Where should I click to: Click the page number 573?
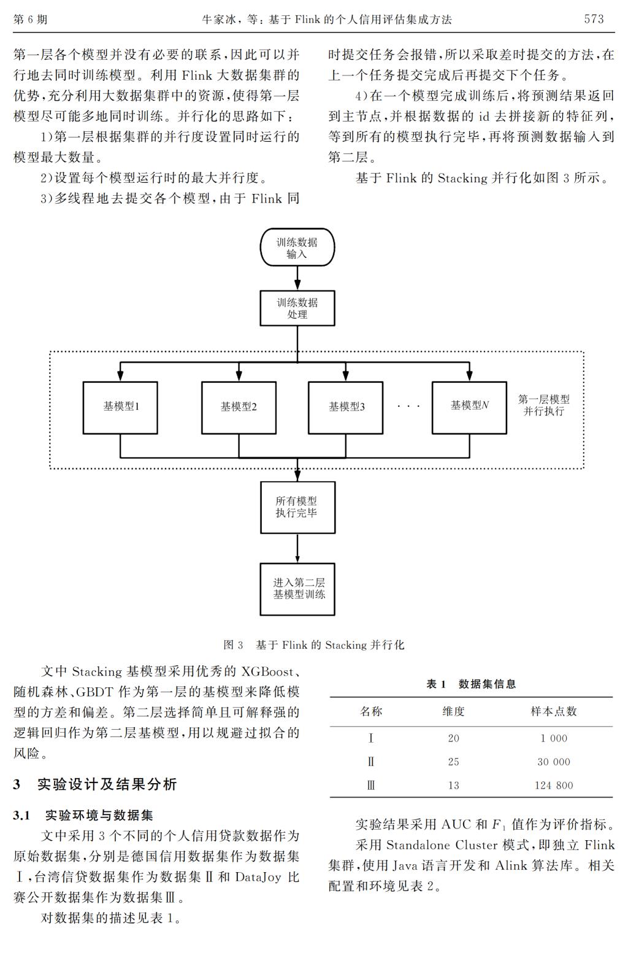point(594,19)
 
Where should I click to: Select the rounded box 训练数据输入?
point(297,247)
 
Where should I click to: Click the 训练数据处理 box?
point(297,308)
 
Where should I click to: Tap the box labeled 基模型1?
point(120,408)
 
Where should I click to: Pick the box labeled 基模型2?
point(239,408)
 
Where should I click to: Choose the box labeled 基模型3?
point(345,408)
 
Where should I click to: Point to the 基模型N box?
point(469,408)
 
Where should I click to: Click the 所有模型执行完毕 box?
point(297,507)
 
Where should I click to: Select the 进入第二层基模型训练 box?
point(297,589)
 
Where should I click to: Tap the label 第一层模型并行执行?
point(544,405)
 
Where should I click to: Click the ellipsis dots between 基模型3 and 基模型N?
point(408,406)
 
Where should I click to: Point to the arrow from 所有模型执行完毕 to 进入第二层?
point(297,548)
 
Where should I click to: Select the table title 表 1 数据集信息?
point(470,684)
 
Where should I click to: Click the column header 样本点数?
point(554,711)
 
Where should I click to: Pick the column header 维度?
point(453,711)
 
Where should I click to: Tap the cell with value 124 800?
point(554,785)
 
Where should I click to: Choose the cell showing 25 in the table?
point(453,762)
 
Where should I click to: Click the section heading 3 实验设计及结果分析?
point(95,784)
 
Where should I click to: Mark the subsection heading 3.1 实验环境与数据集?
point(83,815)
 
